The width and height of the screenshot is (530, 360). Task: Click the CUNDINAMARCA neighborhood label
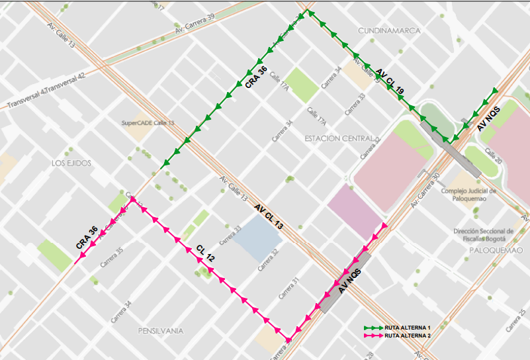(389, 31)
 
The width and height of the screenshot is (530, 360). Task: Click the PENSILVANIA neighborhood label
(160, 330)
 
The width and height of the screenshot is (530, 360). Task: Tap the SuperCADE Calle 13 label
(148, 123)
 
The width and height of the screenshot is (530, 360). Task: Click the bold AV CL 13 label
(269, 217)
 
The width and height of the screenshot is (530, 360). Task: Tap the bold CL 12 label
(205, 254)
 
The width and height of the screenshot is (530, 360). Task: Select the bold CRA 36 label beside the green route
(255, 77)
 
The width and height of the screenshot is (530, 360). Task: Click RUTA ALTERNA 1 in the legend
(408, 328)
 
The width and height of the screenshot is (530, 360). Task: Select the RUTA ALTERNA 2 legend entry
(408, 336)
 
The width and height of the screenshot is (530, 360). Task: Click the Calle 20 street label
(494, 157)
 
